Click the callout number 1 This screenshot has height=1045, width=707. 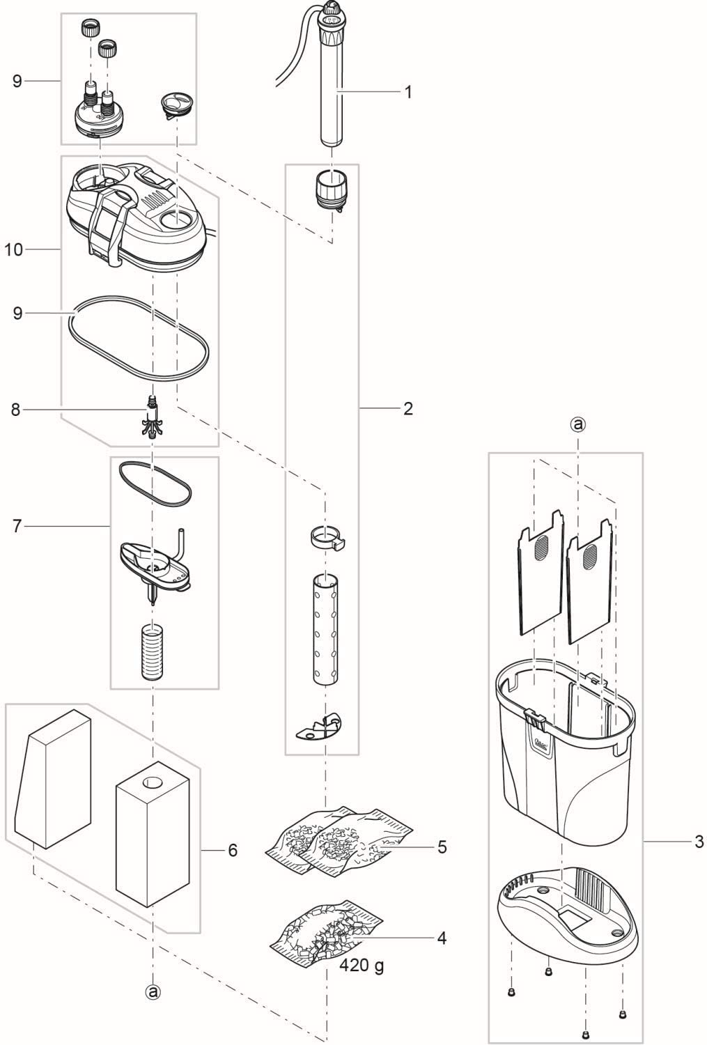coord(408,93)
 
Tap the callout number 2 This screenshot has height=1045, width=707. coord(408,409)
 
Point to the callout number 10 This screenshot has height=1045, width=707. coord(14,249)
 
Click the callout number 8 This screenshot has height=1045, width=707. coord(16,410)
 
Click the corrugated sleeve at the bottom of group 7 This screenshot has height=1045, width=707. coord(152,653)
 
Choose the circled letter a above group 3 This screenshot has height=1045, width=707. coord(578,424)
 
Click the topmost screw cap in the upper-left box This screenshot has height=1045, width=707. coord(89,28)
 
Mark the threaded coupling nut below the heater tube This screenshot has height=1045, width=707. coord(332,189)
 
